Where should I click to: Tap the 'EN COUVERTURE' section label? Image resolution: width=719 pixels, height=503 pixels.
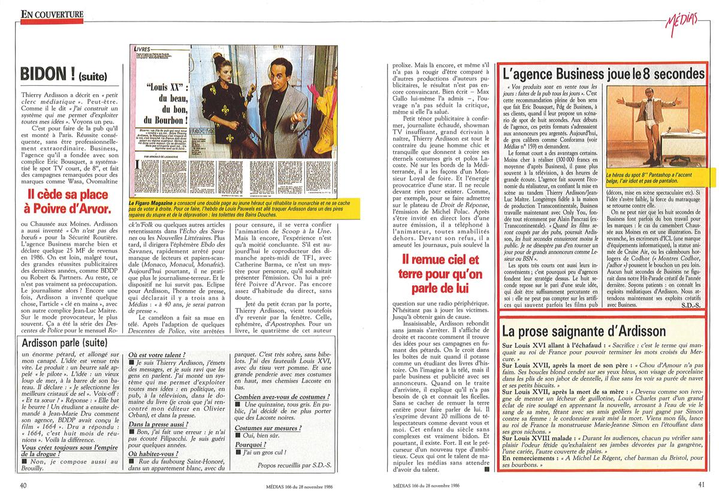(52, 13)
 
